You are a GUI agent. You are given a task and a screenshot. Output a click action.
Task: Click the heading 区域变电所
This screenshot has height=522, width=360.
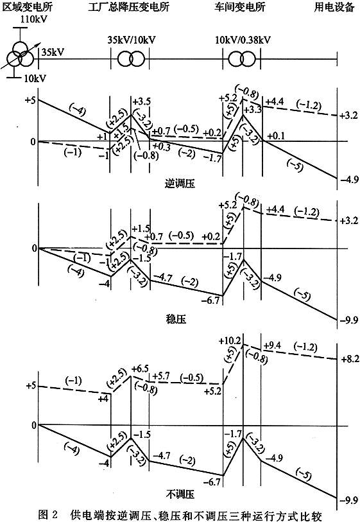point(28,6)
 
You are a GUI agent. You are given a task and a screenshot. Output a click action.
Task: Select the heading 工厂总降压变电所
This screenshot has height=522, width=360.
point(129,6)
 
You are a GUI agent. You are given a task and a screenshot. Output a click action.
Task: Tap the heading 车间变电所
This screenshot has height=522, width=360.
point(240,6)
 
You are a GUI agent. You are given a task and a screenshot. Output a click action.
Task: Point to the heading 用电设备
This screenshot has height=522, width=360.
point(334,6)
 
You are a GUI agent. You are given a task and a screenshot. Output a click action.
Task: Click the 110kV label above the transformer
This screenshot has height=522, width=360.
point(33,19)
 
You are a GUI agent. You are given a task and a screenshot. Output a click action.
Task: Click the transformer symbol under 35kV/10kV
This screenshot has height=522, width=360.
point(131,60)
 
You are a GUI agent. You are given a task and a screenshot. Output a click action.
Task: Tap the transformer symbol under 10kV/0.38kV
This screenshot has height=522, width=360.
point(242,60)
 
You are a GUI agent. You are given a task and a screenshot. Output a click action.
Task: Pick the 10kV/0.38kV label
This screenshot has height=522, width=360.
point(243,40)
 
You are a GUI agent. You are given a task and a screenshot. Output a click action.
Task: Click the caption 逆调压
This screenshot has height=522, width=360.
point(180,184)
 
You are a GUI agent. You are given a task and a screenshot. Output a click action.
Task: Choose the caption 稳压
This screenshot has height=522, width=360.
point(176,319)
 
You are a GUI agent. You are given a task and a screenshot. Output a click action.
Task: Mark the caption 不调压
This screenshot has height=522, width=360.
point(180,494)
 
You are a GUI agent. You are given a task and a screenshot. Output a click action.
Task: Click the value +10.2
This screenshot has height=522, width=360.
point(230,341)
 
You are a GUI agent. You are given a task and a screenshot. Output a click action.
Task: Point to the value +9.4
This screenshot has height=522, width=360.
point(272,345)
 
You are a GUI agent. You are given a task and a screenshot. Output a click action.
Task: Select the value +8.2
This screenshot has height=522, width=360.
point(349,359)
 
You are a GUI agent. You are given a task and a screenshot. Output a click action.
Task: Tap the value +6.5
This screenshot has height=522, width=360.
point(140,369)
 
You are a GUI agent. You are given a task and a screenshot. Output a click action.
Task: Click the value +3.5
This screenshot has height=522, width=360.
point(141,101)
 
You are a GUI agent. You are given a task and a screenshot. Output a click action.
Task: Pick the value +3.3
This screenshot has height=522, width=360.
point(253,110)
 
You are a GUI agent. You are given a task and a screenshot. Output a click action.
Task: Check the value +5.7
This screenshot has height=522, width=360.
point(160,376)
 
